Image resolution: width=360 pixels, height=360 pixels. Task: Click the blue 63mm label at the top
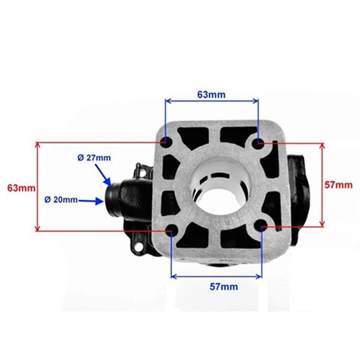212,94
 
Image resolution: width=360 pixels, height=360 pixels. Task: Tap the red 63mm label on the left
22,188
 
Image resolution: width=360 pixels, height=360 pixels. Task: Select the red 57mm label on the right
338,185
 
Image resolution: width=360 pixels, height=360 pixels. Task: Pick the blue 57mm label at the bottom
224,287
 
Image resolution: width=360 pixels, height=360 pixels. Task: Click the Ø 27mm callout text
94,158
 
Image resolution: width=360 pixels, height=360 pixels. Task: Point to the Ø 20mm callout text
61,199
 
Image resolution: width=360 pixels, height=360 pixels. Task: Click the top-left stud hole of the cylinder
166,142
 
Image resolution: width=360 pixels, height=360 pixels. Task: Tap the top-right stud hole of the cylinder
258,143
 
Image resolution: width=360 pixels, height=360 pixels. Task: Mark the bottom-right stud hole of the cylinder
261,225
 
